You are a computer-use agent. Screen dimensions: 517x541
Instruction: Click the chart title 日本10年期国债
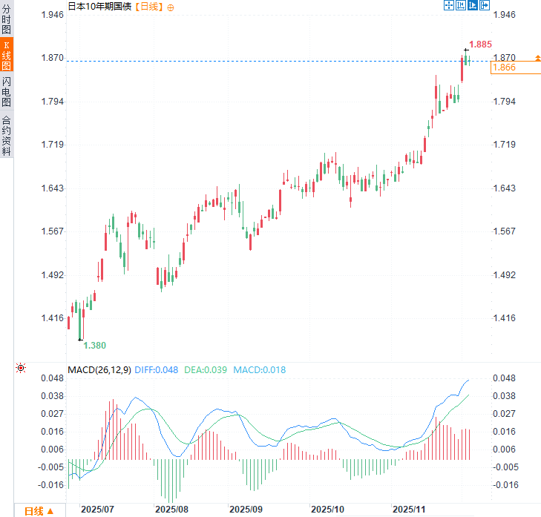[99, 7]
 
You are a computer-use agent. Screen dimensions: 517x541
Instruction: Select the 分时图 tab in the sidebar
[7, 19]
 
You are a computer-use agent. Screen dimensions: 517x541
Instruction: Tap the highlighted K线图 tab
[7, 56]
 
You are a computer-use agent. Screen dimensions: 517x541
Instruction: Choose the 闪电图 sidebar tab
[7, 92]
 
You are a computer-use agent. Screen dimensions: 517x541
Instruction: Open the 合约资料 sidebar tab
[7, 134]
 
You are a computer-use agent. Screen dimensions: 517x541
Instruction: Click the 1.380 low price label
[94, 346]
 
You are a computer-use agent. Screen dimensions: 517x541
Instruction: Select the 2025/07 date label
[97, 510]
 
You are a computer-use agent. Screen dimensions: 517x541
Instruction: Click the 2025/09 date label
[247, 510]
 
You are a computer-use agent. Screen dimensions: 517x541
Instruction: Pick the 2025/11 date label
[409, 510]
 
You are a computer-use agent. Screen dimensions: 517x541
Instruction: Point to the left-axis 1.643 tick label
[50, 188]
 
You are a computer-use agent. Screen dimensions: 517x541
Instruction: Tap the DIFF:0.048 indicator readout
[157, 369]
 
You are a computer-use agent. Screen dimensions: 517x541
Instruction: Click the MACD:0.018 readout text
[259, 369]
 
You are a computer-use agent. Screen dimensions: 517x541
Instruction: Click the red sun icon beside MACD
[21, 369]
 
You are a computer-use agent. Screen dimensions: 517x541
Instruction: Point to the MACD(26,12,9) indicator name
[99, 369]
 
